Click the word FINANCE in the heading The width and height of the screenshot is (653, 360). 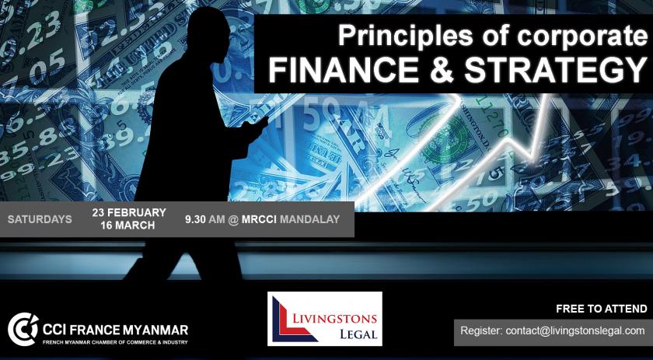click(344, 71)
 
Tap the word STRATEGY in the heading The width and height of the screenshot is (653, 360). click(556, 71)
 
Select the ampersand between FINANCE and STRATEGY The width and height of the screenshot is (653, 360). click(442, 71)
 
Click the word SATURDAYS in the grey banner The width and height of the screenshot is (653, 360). click(40, 219)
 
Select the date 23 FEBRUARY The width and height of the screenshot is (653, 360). click(129, 212)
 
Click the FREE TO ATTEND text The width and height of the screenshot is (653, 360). click(602, 309)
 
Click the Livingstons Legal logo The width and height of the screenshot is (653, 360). click(324, 319)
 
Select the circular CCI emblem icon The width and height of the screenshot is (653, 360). click(23, 329)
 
